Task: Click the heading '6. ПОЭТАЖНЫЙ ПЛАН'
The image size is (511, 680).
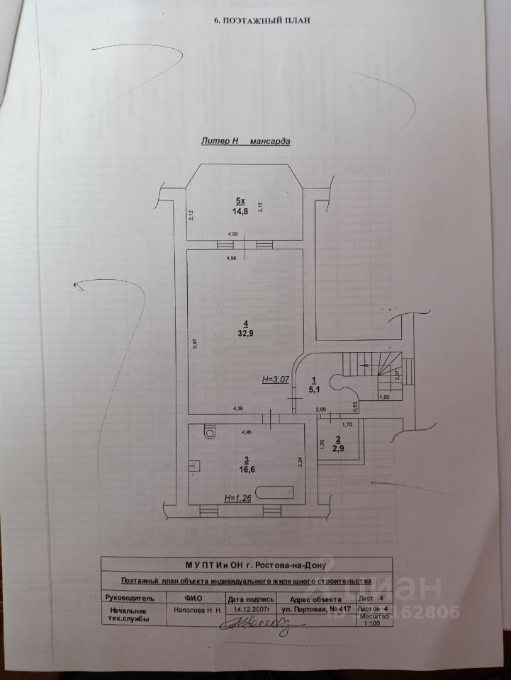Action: click(x=262, y=21)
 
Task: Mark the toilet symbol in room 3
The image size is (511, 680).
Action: click(x=209, y=431)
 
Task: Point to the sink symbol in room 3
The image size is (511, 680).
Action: click(x=193, y=465)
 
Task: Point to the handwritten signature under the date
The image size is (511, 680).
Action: click(x=255, y=623)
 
